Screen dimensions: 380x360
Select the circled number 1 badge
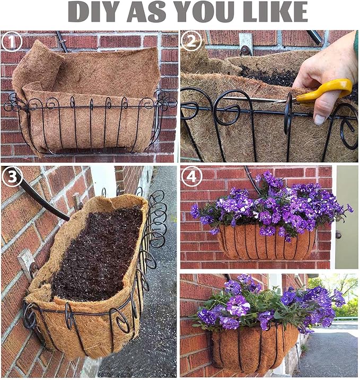point(12,41)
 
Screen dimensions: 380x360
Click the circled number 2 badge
point(191,41)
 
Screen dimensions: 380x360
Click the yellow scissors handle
point(331,89)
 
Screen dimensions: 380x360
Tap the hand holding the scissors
point(323,69)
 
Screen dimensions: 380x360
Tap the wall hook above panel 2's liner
point(245,45)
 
